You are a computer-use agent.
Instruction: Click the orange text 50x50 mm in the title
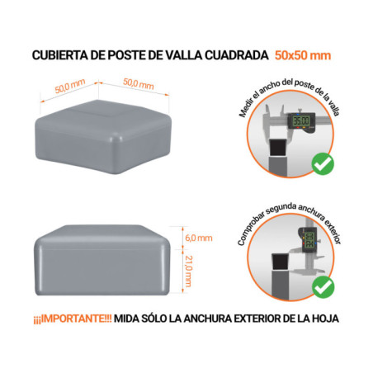pyautogui.click(x=305, y=56)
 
